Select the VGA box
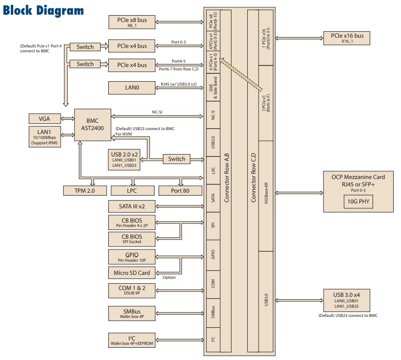[45, 118]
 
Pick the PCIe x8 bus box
[132, 22]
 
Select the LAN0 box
[132, 88]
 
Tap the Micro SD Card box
[132, 272]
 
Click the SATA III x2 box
[132, 206]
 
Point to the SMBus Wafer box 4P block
[132, 314]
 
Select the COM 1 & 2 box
[132, 291]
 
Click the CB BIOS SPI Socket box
[132, 239]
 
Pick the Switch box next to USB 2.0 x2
[177, 159]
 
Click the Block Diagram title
[43, 10]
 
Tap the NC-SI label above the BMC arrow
[157, 112]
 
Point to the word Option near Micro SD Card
[169, 277]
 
